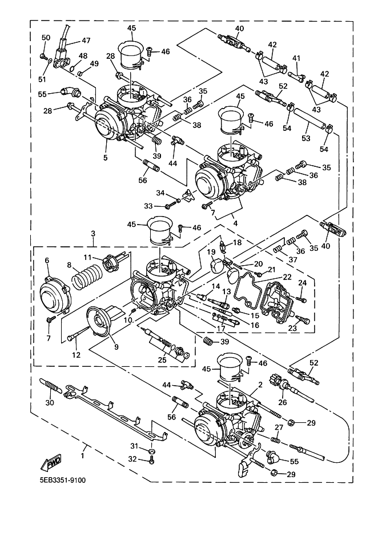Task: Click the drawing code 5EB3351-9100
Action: pyautogui.click(x=63, y=480)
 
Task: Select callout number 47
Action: pyautogui.click(x=86, y=41)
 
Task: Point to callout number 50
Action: pyautogui.click(x=46, y=38)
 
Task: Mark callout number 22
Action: pyautogui.click(x=287, y=277)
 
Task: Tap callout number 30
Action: pyautogui.click(x=50, y=402)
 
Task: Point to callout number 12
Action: pyautogui.click(x=75, y=355)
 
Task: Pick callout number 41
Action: pyautogui.click(x=296, y=58)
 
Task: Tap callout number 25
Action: pyautogui.click(x=162, y=359)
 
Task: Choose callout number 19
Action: pyautogui.click(x=211, y=252)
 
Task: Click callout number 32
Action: pyautogui.click(x=133, y=459)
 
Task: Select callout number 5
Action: pyautogui.click(x=105, y=157)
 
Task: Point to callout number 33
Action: pyautogui.click(x=148, y=206)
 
